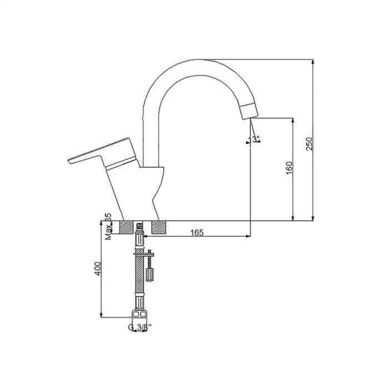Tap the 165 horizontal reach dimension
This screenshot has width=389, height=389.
tap(195, 232)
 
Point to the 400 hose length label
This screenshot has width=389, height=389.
tap(98, 270)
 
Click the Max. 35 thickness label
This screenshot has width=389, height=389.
tap(108, 227)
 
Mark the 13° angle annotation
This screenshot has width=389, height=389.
tap(255, 139)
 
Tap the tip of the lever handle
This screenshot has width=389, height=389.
tap(69, 161)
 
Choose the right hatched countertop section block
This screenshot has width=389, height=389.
tap(158, 227)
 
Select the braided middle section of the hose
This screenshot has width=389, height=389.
tap(138, 278)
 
